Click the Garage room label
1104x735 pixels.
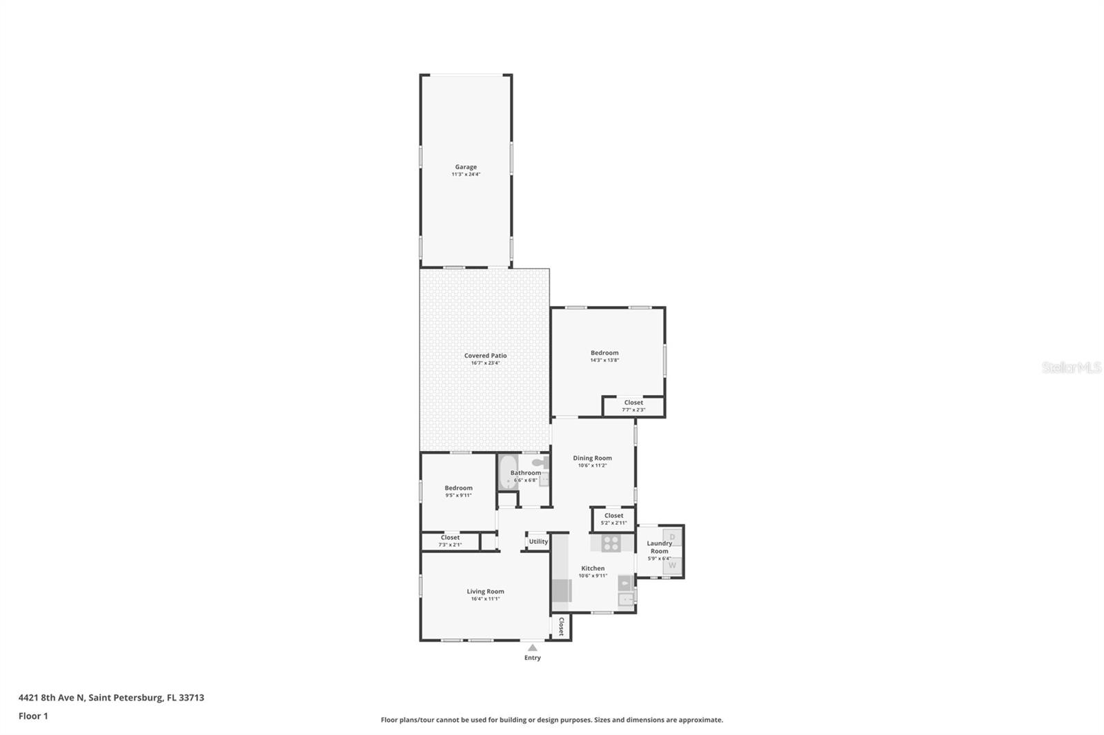click(466, 167)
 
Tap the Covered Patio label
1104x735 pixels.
click(485, 356)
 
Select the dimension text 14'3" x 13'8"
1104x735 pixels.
click(604, 360)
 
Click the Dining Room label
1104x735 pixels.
click(592, 458)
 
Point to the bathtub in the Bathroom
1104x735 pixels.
click(508, 472)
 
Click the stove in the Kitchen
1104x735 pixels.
click(611, 543)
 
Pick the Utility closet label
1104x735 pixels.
click(538, 541)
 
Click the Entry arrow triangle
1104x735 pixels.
click(532, 647)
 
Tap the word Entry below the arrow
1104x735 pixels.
click(532, 658)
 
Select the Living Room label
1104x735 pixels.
click(485, 592)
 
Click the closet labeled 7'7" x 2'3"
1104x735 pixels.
click(633, 406)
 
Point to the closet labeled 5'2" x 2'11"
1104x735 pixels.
click(613, 518)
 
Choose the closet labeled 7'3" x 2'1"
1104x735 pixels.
click(450, 541)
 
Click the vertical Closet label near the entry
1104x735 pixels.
click(561, 626)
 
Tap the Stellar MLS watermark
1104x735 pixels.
click(1071, 367)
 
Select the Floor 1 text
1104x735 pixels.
click(33, 716)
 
